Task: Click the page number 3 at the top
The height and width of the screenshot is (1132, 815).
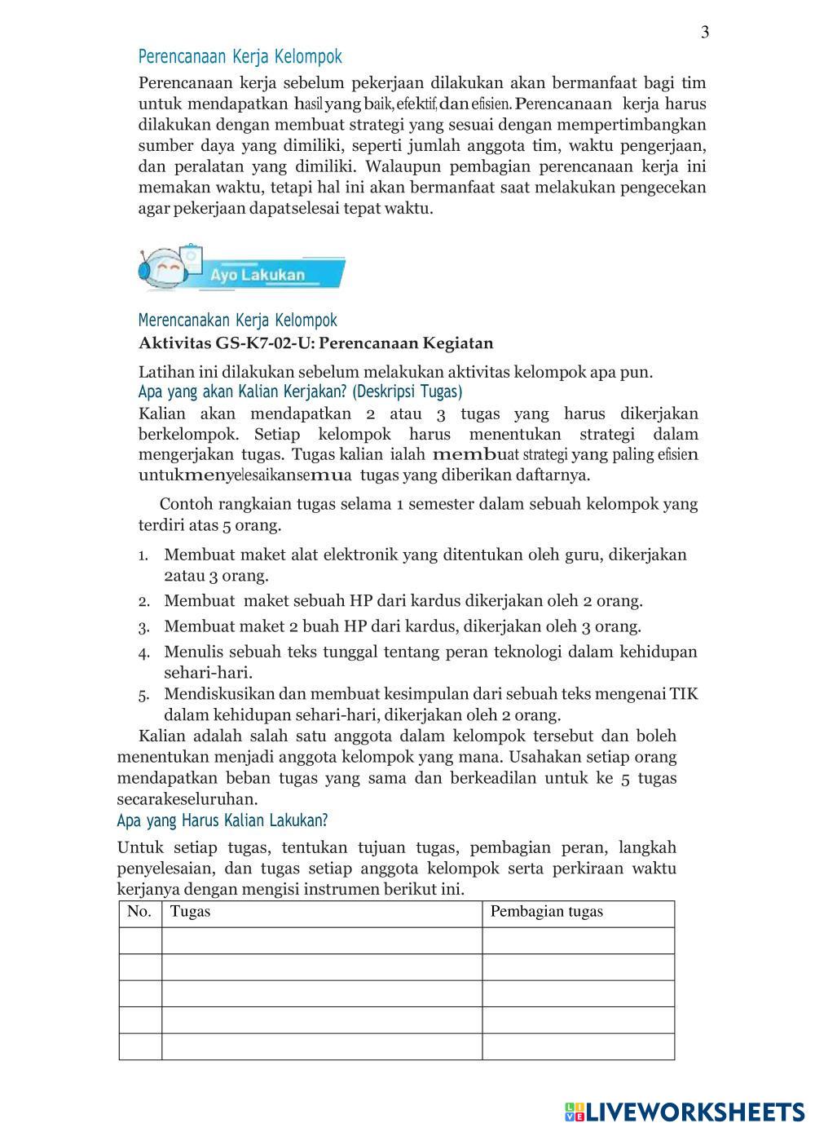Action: (x=705, y=33)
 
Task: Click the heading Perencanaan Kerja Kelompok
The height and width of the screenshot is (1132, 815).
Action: (x=240, y=57)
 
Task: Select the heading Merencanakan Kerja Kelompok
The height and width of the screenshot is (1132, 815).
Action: (x=237, y=321)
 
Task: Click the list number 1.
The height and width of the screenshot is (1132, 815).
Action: (x=143, y=556)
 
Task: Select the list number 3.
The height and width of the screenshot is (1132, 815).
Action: (x=143, y=628)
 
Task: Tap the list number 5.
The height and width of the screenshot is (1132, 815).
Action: (x=143, y=696)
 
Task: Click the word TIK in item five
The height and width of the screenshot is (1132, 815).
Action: (x=684, y=695)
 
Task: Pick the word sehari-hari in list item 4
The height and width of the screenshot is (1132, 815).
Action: (x=208, y=673)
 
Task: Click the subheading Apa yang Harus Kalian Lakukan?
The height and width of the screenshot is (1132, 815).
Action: (x=222, y=820)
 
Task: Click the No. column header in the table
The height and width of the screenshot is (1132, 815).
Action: (x=139, y=912)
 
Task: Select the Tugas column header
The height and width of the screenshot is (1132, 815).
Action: (x=190, y=912)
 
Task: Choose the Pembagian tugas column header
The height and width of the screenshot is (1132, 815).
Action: (x=546, y=912)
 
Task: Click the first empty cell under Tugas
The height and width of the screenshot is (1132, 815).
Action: (x=322, y=940)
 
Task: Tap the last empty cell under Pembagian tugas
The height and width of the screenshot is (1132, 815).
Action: (x=578, y=1046)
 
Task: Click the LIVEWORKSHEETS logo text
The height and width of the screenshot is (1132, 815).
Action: (x=694, y=1111)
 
